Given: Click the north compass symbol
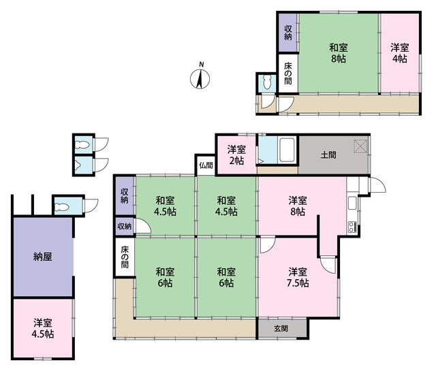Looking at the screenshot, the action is [x=200, y=79].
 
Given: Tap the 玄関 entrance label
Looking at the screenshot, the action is [x=281, y=329].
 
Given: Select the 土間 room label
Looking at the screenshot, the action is [x=328, y=155].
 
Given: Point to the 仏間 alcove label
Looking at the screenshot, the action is [x=206, y=165].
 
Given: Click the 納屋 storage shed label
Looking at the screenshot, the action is [x=43, y=257].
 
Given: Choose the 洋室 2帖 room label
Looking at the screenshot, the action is [x=236, y=155].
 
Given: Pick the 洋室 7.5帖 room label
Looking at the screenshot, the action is [x=298, y=277].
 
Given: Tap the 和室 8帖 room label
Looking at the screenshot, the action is [x=339, y=53].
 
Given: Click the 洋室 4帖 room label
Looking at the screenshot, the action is [x=400, y=53].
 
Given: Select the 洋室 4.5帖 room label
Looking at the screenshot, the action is [x=43, y=328].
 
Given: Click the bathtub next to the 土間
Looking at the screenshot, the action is [x=287, y=150].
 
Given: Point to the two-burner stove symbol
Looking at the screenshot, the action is [x=352, y=227].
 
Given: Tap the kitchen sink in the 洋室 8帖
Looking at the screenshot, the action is [x=352, y=203].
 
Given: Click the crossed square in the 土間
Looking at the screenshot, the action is [x=360, y=146].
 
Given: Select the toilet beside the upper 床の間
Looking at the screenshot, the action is [x=267, y=82].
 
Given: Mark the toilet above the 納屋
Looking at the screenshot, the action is [x=61, y=207].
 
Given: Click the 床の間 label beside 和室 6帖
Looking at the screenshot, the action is [x=125, y=257].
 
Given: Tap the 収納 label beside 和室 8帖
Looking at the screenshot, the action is [x=288, y=33].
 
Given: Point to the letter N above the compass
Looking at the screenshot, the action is [x=202, y=65].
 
